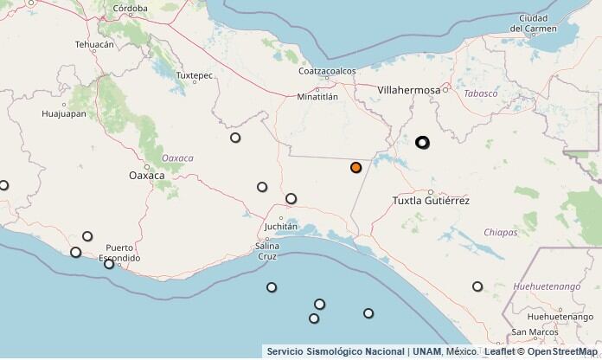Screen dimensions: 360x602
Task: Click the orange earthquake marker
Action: [355, 167]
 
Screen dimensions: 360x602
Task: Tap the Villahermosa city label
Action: [409, 89]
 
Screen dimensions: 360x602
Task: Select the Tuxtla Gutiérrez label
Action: [431, 201]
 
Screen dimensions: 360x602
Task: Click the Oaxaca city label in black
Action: [146, 176]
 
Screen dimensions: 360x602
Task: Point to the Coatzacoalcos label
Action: [327, 72]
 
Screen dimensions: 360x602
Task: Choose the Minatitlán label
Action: [317, 97]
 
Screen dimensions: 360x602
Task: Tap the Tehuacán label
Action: [94, 44]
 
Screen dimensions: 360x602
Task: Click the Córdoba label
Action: [131, 9]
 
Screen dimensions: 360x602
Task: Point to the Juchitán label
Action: [279, 226]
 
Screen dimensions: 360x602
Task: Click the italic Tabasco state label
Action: [481, 93]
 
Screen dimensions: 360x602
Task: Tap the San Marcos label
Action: [534, 331]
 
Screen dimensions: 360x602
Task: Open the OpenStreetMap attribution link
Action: [563, 352]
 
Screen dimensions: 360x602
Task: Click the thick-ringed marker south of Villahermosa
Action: [422, 142]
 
